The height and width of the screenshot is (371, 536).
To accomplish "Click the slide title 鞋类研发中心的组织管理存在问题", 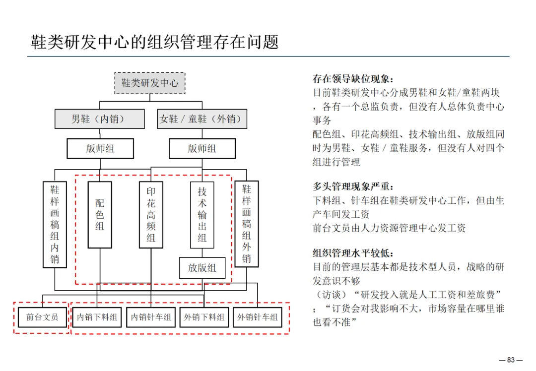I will tap(155, 42).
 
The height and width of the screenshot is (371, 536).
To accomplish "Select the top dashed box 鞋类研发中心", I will tap(150, 83).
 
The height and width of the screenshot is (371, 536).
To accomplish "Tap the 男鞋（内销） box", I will tap(99, 119).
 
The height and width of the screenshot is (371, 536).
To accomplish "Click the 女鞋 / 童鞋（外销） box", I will tap(201, 119).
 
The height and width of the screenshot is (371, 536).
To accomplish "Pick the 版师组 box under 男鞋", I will tap(100, 148).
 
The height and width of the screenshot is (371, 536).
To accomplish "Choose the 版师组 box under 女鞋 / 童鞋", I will tap(202, 148).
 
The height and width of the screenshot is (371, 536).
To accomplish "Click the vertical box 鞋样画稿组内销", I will tap(55, 225).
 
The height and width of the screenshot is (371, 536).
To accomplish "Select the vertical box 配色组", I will tap(100, 214).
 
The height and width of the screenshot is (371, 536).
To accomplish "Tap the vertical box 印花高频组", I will tap(151, 214).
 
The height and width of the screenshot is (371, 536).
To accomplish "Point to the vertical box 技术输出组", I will tap(202, 214).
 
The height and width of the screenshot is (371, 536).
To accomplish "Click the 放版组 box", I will tap(202, 268).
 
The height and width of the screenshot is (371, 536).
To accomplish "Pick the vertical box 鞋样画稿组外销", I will tap(247, 224).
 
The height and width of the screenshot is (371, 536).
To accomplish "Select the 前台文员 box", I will tap(42, 317).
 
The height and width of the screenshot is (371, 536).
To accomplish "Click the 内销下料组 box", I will tap(97, 317).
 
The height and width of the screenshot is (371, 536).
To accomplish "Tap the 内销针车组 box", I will tap(151, 317).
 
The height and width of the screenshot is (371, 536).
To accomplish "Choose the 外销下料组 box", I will tap(204, 317).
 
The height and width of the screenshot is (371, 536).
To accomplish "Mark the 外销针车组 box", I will tap(258, 317).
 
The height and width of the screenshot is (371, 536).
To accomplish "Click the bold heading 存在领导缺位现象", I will tap(353, 79).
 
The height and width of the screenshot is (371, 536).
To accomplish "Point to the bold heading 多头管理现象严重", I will tap(353, 187).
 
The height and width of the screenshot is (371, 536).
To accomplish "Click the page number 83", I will tap(511, 360).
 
